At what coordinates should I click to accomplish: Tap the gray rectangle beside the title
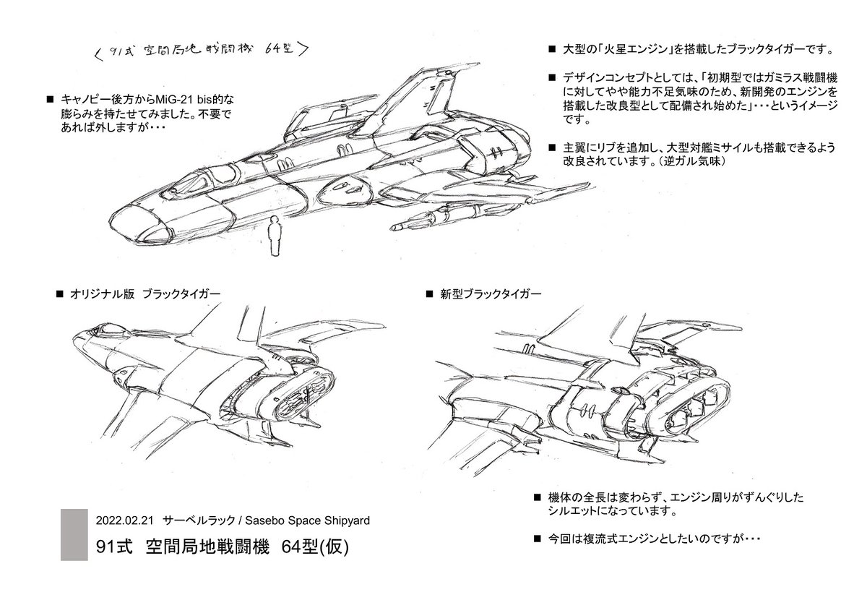74,535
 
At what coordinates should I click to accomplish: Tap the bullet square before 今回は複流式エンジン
538,538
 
